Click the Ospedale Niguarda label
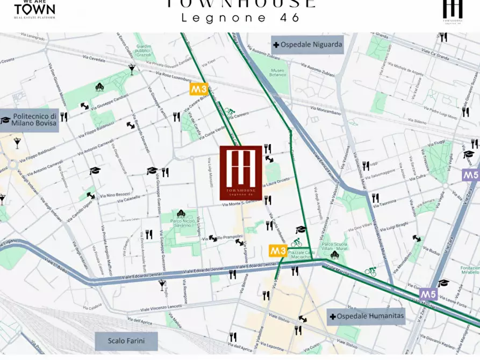307,45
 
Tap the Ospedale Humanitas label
366,316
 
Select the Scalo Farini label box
126,341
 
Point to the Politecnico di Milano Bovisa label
34,119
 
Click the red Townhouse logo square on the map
241,172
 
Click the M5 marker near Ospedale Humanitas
428,294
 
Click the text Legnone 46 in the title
240,17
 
